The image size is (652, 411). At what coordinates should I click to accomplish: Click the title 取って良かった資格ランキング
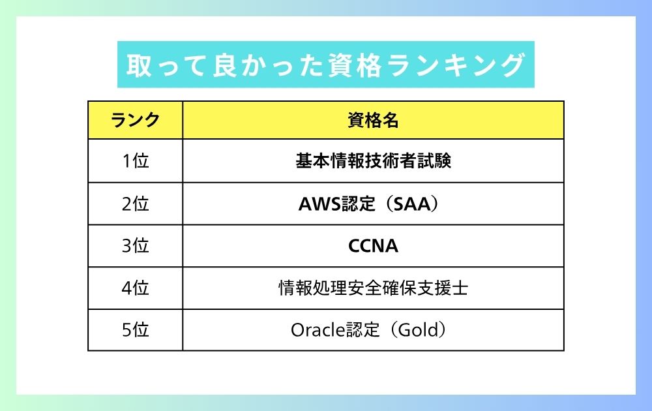tap(325, 65)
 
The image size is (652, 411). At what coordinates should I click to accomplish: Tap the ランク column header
tap(135, 120)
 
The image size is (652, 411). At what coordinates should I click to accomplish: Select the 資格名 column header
tap(373, 120)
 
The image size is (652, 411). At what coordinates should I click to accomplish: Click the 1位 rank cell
tap(135, 160)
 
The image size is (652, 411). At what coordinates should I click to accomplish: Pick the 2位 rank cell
tap(135, 204)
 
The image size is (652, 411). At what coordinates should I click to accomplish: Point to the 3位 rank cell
tap(135, 245)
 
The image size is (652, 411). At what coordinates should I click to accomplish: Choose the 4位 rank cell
tap(135, 288)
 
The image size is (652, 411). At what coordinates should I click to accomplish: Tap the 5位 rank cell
tap(135, 330)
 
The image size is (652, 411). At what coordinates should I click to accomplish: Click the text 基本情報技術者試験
tap(374, 160)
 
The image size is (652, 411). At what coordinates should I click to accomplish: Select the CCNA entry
tap(373, 246)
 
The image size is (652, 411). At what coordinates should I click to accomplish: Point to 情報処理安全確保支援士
tap(374, 288)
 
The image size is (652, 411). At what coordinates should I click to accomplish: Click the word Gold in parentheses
tap(419, 330)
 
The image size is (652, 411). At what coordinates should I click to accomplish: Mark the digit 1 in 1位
tap(127, 161)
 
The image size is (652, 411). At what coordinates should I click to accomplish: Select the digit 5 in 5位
tap(127, 330)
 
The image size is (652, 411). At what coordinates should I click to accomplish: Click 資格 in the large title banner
tap(355, 65)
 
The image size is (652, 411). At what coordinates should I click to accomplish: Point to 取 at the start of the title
tap(140, 65)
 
